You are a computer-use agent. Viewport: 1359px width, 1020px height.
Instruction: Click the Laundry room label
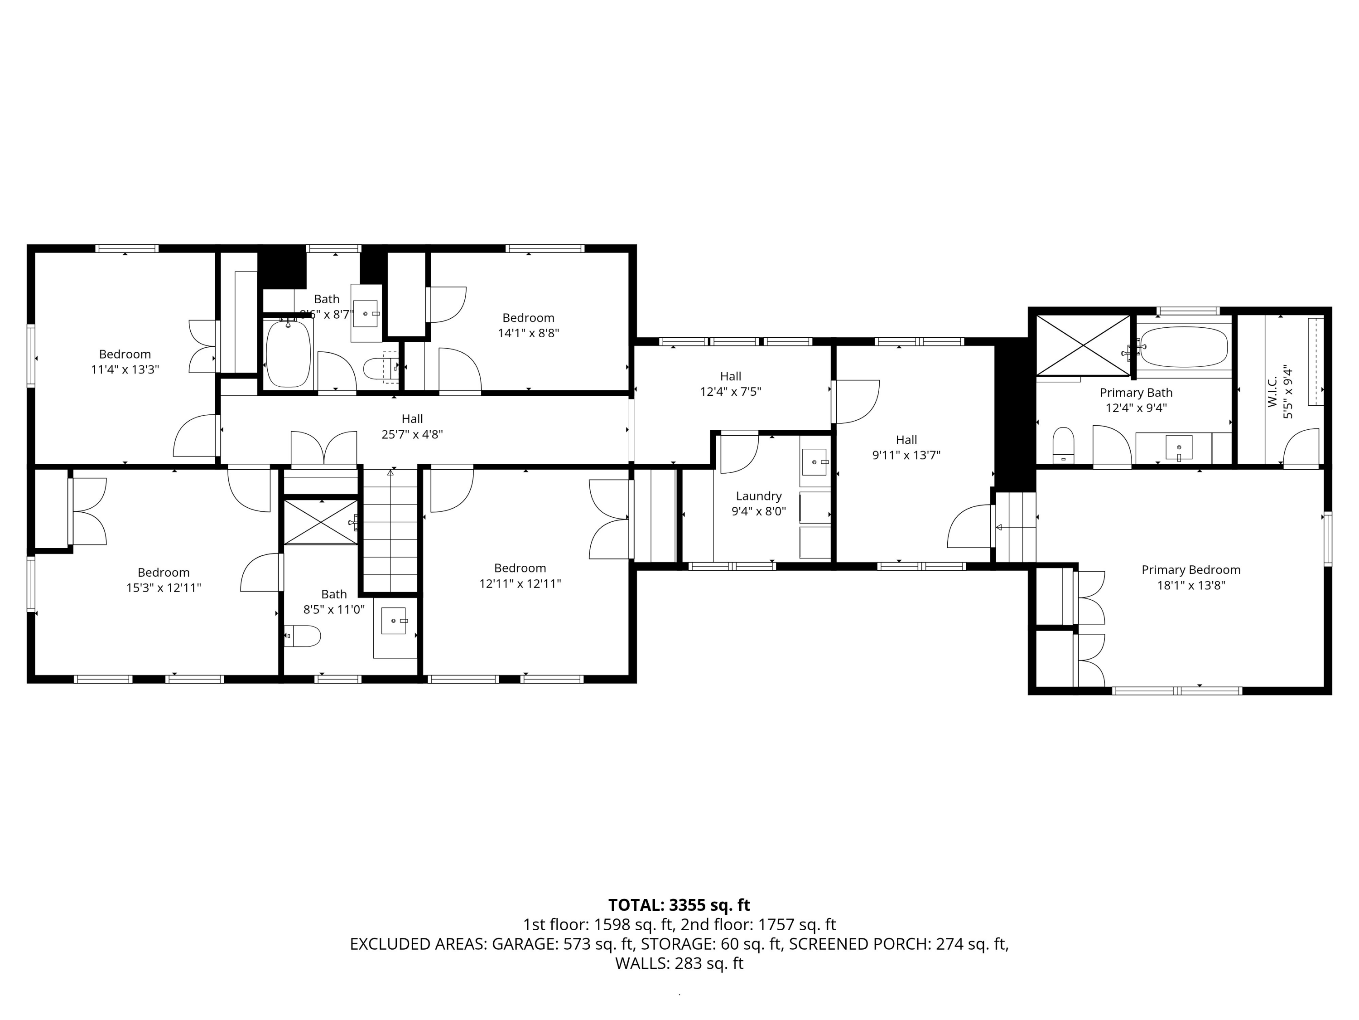click(758, 496)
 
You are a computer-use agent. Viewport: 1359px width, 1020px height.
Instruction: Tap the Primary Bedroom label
click(1190, 570)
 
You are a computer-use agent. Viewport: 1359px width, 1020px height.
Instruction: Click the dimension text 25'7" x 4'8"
click(412, 435)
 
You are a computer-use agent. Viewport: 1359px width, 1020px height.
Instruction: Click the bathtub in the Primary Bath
click(1184, 347)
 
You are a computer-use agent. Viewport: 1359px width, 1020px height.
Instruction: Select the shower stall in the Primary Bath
click(1083, 345)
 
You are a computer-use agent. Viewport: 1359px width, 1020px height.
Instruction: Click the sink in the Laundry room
click(814, 462)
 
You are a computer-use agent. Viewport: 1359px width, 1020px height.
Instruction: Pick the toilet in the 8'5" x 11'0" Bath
click(304, 636)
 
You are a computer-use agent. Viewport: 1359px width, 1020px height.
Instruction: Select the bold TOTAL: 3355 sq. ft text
click(679, 905)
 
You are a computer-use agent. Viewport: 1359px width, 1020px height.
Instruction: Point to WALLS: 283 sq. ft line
click(679, 963)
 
